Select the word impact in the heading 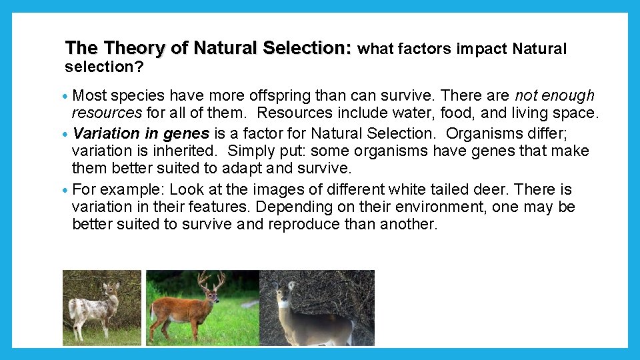point(482,49)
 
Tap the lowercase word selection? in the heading point(105,67)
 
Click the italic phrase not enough point(555,95)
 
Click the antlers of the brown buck point(211,281)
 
